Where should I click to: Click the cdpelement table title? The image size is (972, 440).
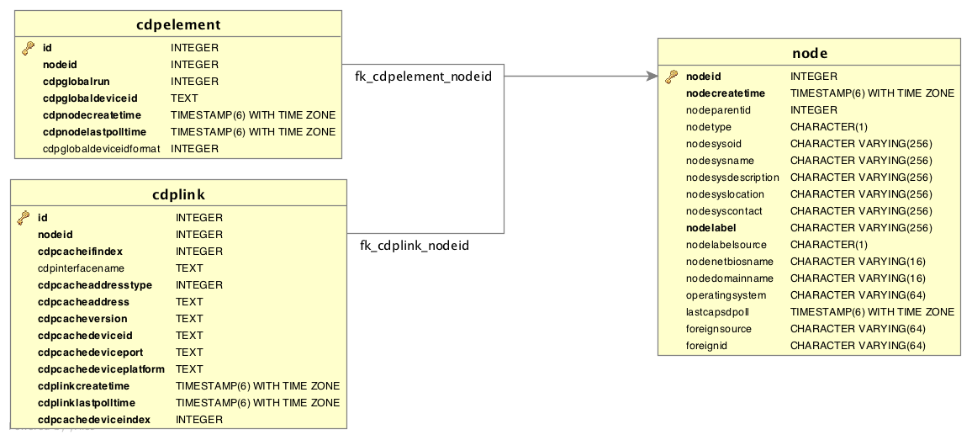tap(178, 24)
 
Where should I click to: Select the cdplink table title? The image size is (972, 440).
tap(178, 194)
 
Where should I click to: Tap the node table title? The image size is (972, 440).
tap(809, 53)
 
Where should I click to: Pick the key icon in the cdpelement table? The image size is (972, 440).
tap(29, 49)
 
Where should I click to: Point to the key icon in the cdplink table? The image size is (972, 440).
tap(24, 218)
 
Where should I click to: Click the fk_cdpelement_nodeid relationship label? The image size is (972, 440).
tap(423, 77)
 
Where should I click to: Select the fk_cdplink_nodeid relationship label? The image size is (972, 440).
tap(415, 246)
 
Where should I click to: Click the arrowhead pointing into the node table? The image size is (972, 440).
tap(652, 77)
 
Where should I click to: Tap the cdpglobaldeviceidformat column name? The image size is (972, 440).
tap(101, 149)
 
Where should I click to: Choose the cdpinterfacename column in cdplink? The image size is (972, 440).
tap(81, 268)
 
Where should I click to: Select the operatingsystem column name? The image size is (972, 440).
tap(726, 295)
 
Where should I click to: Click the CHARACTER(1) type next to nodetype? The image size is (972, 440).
tap(829, 127)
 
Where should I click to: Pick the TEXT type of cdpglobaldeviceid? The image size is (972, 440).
tap(184, 98)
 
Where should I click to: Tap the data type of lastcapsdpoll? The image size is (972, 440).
tap(872, 312)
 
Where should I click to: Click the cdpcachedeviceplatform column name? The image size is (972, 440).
tap(101, 369)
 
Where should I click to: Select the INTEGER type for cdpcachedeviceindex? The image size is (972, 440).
tap(199, 420)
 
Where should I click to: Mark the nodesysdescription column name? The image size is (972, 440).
tap(732, 178)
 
